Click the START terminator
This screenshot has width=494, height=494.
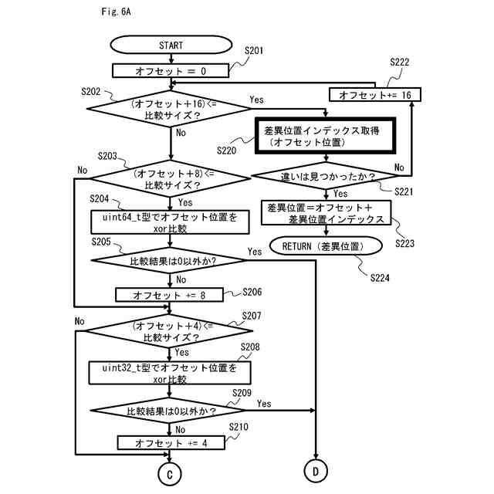point(171,46)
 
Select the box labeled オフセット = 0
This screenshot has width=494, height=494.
point(171,71)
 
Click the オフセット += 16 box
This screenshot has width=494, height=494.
point(375,94)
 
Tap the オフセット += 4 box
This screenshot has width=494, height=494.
point(170,443)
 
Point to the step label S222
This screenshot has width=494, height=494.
point(400,62)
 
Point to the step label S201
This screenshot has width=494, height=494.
point(254,51)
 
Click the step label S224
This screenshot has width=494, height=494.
point(380,277)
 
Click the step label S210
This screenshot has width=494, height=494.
point(239,427)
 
